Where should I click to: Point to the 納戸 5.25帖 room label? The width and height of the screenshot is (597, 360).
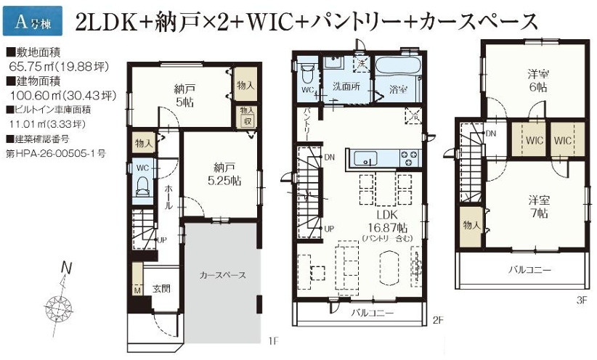(x=222, y=174)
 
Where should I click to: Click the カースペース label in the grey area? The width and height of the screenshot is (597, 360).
(x=222, y=275)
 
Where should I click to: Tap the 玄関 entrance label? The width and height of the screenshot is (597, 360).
(x=161, y=289)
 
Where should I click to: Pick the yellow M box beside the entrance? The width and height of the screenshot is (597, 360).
(x=137, y=290)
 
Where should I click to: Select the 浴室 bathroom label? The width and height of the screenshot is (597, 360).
(x=397, y=91)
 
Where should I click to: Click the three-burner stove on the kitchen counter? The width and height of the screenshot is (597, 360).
(x=407, y=157)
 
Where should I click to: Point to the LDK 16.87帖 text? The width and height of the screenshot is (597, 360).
(x=385, y=221)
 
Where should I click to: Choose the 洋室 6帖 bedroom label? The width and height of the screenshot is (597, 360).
(x=537, y=81)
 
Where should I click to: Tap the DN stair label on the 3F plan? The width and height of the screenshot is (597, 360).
(x=492, y=134)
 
